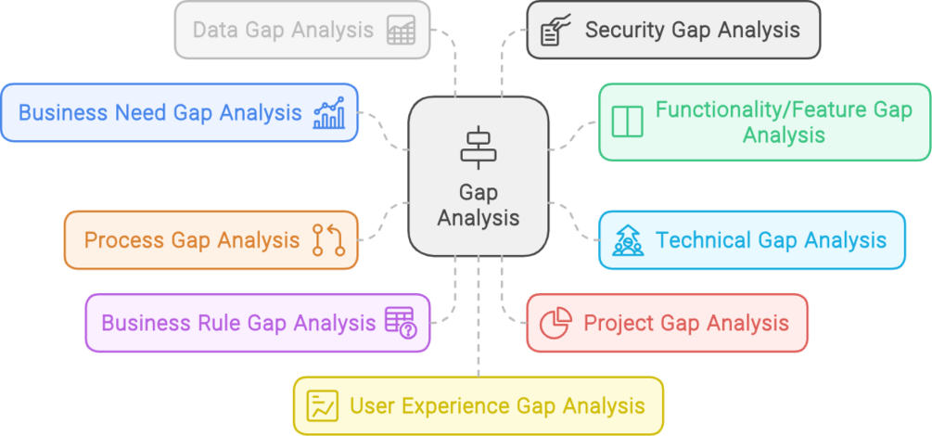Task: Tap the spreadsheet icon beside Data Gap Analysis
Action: tap(401, 31)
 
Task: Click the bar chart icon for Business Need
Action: tap(328, 113)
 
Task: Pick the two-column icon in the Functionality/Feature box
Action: tap(627, 122)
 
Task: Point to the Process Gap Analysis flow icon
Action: tap(328, 240)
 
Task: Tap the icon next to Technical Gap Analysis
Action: tap(628, 241)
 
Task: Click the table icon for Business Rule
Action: tap(401, 323)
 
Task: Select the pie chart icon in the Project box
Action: tap(555, 324)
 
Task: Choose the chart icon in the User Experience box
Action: tap(323, 405)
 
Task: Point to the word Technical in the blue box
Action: tap(703, 240)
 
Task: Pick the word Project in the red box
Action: tap(619, 323)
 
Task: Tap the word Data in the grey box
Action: tap(213, 30)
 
